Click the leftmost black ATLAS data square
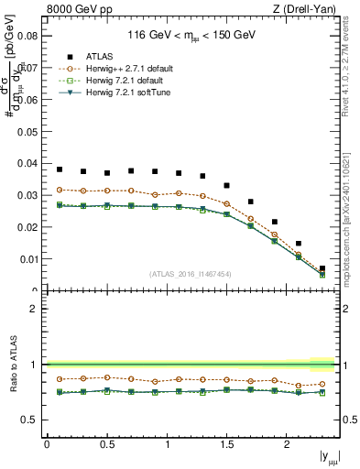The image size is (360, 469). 60,169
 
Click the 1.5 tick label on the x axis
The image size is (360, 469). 225,444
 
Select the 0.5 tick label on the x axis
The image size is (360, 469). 105,444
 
